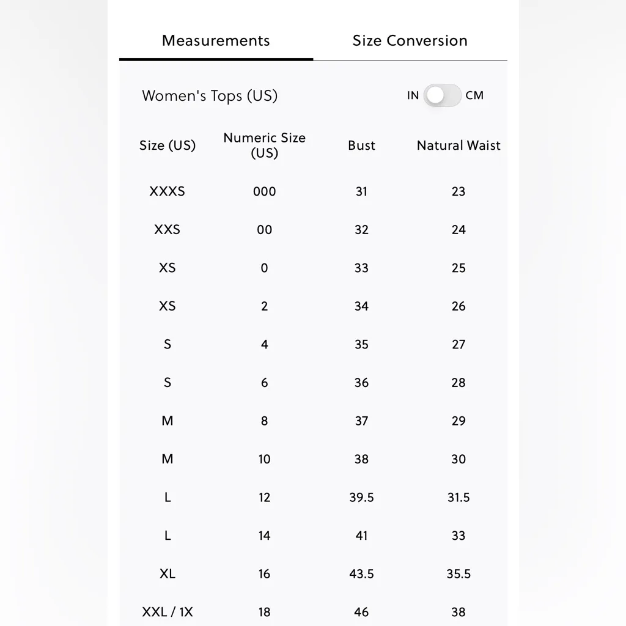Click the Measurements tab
(216, 41)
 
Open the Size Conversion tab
(410, 41)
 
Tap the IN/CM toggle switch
(443, 95)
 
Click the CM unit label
(474, 95)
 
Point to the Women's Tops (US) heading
(210, 96)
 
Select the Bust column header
(361, 145)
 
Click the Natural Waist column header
(458, 145)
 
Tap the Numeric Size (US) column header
(264, 145)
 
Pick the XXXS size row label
(167, 191)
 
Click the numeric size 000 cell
(264, 191)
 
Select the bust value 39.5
(361, 498)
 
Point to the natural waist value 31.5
(458, 498)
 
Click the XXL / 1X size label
(168, 612)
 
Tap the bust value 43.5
(361, 574)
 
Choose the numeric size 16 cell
(264, 574)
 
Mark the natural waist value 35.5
(458, 574)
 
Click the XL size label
(168, 574)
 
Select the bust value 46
(361, 612)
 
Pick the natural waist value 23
(458, 191)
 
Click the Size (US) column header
(168, 145)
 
